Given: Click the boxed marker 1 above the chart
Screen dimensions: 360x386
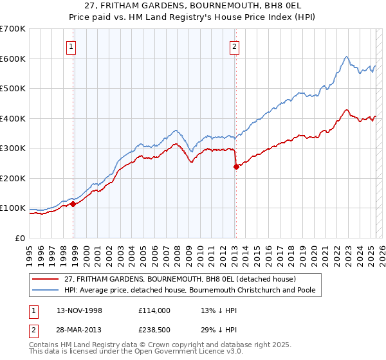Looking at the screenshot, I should tap(70, 46).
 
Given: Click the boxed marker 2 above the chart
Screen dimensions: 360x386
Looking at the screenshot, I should tap(235, 46).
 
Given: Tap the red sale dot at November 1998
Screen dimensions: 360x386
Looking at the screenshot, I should tap(73, 204).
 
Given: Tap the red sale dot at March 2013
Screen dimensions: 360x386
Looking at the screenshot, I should tap(236, 166).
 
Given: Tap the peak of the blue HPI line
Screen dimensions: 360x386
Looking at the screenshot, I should tap(346, 56).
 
